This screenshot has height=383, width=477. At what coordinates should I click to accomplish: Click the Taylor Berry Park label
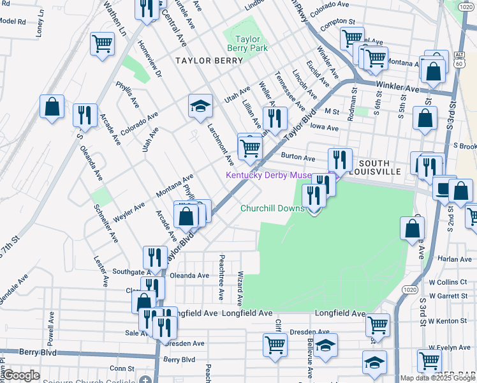248,43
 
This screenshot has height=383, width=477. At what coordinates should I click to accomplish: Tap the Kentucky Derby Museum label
276,176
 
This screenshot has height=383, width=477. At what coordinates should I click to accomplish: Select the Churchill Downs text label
272,209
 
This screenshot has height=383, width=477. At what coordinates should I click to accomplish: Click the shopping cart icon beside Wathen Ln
102,45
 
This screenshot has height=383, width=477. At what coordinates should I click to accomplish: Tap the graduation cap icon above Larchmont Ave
200,106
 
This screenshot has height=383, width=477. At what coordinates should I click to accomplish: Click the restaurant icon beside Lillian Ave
274,118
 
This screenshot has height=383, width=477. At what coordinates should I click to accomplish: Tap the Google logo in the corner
21,376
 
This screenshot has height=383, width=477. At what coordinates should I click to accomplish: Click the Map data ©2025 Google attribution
437,378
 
